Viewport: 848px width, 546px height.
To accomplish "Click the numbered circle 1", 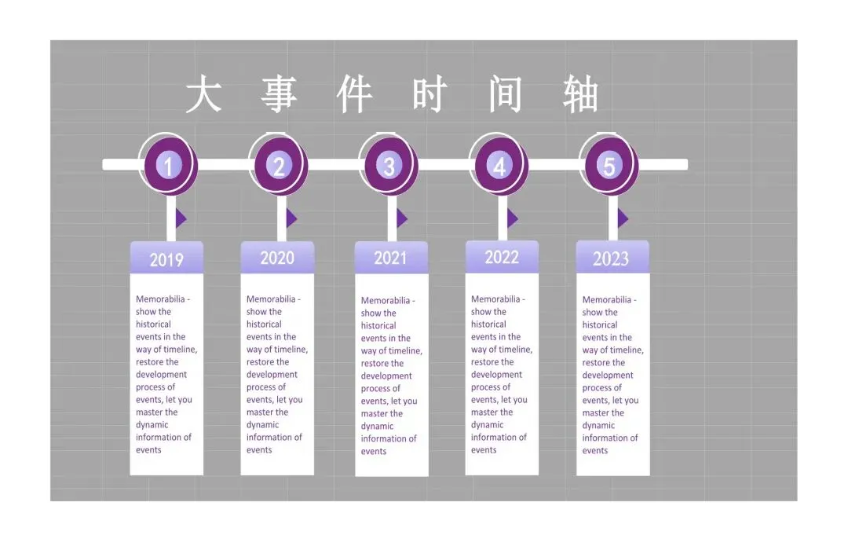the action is click(167, 165).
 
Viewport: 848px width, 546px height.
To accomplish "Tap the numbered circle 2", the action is click(278, 165).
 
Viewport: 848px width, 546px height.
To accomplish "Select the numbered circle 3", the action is click(389, 165).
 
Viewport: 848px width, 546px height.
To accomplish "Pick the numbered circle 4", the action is click(499, 165).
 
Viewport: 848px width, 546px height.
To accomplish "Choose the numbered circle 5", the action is click(609, 165).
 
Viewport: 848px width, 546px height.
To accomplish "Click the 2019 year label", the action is click(166, 259).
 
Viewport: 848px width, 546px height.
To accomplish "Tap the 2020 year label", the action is click(277, 258).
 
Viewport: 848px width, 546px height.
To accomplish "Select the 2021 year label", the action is click(391, 258).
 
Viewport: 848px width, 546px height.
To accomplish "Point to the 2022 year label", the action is click(502, 257).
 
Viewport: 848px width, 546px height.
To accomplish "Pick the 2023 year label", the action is click(611, 258).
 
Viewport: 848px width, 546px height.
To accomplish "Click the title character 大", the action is click(203, 95).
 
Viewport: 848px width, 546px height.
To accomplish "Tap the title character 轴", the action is click(581, 96).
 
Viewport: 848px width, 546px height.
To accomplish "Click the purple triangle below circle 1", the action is click(181, 218).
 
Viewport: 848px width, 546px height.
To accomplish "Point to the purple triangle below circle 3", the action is click(401, 218).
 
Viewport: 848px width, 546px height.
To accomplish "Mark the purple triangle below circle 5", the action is click(622, 218).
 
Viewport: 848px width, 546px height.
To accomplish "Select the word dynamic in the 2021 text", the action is click(378, 427).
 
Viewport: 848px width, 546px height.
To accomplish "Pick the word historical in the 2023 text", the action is click(600, 325).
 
